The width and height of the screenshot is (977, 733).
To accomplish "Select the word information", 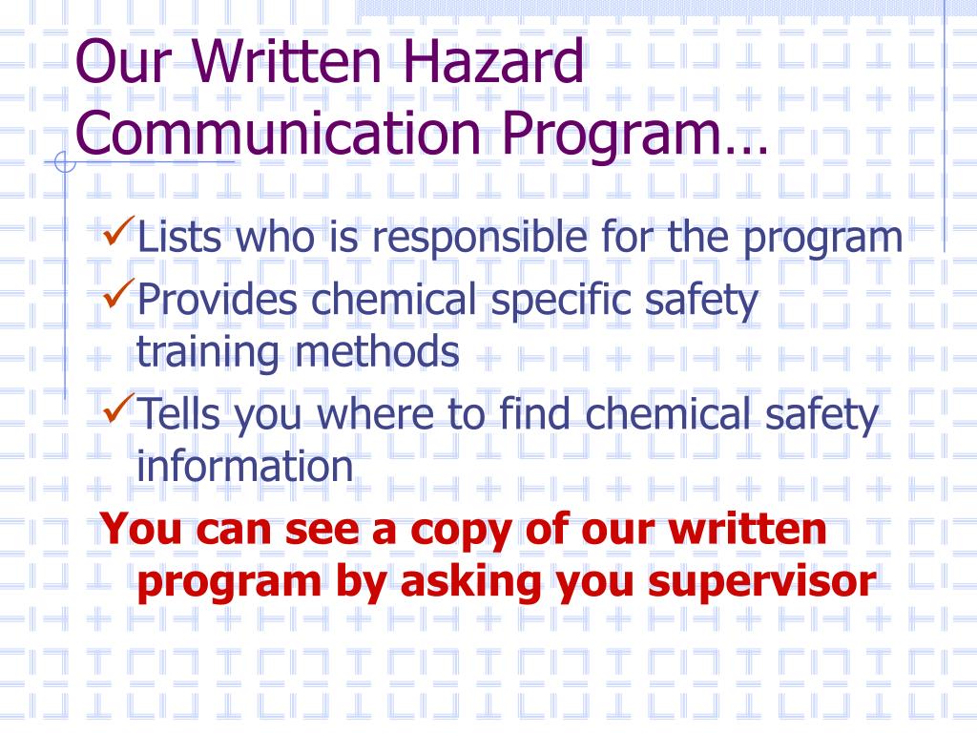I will click(244, 467).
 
